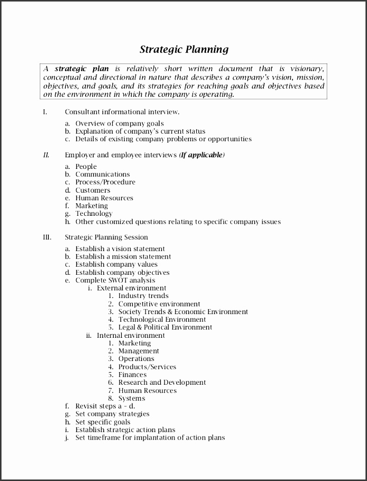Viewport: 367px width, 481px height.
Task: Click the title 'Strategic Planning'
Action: (184, 49)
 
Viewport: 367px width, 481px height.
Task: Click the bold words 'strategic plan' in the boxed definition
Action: (82, 69)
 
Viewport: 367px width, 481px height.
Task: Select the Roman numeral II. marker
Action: (46, 155)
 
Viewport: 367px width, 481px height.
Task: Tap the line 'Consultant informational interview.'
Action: (122, 112)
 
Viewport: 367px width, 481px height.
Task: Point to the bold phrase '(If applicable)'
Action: (202, 155)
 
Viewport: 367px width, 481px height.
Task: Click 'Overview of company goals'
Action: (119, 124)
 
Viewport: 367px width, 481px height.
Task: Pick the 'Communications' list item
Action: (103, 174)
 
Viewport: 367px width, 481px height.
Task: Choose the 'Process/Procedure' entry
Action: (105, 182)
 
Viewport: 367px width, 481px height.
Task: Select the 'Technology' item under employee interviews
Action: (94, 214)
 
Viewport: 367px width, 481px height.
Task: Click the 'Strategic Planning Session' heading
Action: (106, 237)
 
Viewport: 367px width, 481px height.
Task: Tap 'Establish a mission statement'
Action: (123, 257)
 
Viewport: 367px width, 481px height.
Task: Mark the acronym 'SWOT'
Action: (119, 280)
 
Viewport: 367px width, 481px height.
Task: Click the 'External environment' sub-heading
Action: (131, 288)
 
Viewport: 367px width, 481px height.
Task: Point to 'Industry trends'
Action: (143, 296)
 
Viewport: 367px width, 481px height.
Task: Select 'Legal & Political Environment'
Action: (165, 327)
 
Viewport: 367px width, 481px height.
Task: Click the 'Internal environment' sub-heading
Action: (131, 335)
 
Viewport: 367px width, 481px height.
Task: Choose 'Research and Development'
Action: (162, 383)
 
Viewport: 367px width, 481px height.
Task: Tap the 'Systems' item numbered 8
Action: (132, 398)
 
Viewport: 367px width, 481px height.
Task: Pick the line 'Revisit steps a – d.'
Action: (105, 406)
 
